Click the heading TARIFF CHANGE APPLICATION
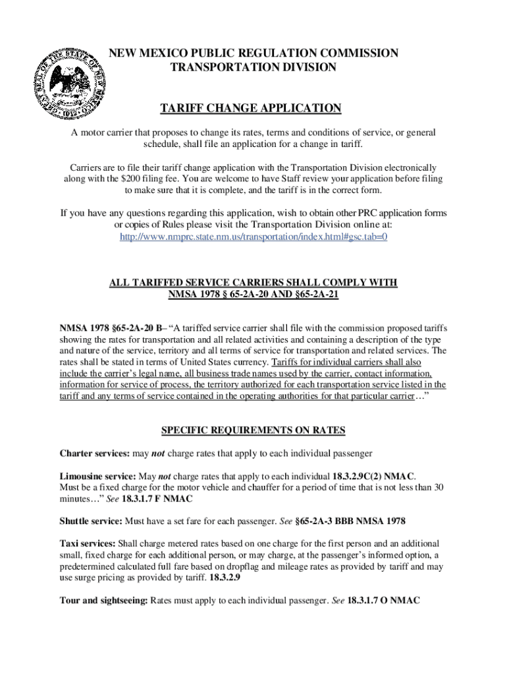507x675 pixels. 254,109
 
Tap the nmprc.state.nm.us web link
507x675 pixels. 254,236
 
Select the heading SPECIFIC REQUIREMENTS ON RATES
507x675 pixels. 254,431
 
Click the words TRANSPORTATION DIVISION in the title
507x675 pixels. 254,67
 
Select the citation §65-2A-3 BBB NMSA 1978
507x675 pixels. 350,521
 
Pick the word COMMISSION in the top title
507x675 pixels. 356,53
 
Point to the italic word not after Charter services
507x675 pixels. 158,454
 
